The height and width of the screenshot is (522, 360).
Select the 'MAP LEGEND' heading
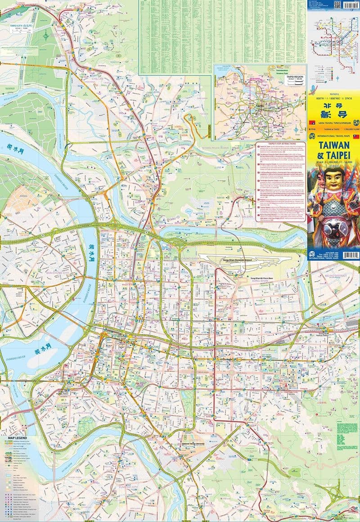click(x=18, y=438)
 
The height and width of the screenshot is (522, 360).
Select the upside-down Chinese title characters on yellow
click(x=333, y=106)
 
